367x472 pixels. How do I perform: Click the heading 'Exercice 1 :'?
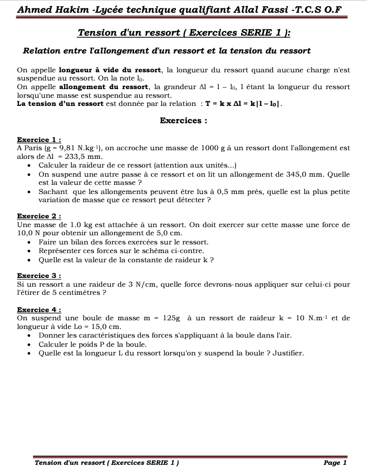[x=39, y=140]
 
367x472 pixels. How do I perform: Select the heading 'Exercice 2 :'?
[x=39, y=216]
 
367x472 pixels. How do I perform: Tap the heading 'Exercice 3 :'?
[x=39, y=276]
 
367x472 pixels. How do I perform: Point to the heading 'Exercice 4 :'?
[x=39, y=310]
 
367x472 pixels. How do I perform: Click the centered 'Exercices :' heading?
[x=183, y=121]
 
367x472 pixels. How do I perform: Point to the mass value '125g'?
[x=171, y=318]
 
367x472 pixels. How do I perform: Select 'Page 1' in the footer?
[x=335, y=463]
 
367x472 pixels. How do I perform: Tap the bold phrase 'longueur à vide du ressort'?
[x=110, y=70]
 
